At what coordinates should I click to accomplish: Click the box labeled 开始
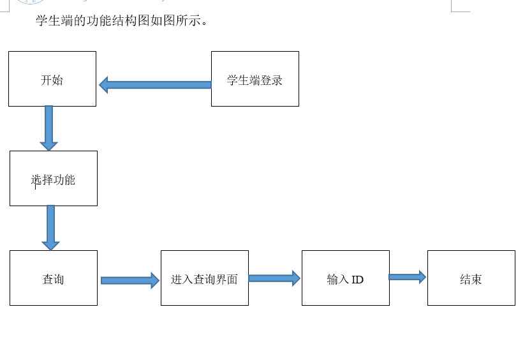coord(52,79)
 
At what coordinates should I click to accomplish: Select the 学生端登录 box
coord(255,79)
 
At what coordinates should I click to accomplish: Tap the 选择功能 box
coord(54,178)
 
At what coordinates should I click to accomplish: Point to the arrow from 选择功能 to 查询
coord(50,226)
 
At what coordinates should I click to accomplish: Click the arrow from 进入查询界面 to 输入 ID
coord(273,278)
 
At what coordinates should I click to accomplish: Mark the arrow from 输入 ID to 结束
coord(406,277)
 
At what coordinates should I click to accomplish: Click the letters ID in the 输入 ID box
coord(357,280)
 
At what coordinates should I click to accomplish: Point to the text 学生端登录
coord(255,80)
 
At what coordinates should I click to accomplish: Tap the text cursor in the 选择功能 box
coord(36,184)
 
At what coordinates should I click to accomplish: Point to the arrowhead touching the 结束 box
coord(422,277)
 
